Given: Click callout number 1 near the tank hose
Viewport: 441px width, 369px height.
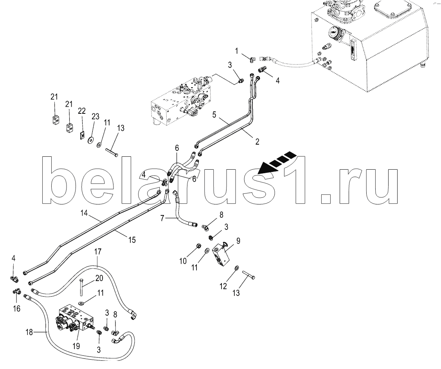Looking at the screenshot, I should point(236,50).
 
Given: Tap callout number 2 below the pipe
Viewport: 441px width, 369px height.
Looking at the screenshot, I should point(257,142).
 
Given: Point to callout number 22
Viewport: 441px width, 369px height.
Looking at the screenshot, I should point(81,112).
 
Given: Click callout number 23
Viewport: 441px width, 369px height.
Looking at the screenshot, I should point(95,116).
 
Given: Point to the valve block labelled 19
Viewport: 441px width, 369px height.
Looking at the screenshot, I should point(74,319).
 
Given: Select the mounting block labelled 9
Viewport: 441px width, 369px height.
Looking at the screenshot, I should point(221,258).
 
